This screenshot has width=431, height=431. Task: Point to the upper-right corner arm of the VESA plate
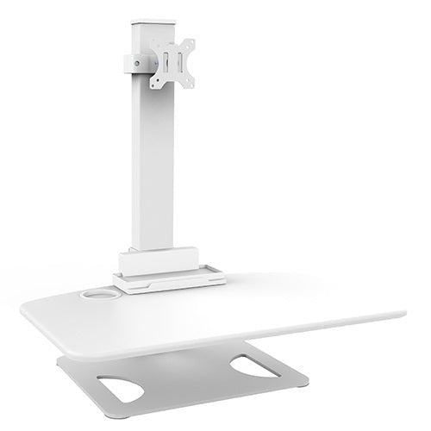tap(189, 44)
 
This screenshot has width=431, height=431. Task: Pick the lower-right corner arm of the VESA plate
tap(190, 82)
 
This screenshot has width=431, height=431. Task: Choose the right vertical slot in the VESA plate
tap(180, 63)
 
